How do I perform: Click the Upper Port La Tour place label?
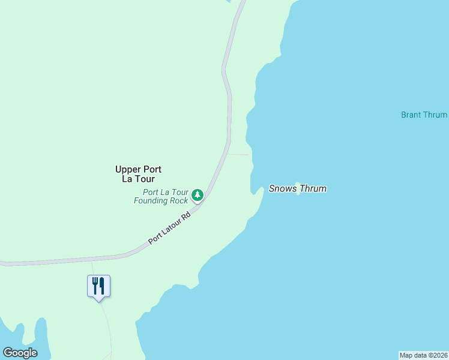(138, 174)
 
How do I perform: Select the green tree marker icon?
(197, 194)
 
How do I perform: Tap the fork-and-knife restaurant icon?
(98, 286)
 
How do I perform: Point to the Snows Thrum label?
(297, 188)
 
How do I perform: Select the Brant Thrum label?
(424, 115)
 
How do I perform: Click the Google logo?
(20, 353)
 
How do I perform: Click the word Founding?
(151, 200)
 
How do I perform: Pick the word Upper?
(127, 169)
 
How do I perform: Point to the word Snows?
(282, 188)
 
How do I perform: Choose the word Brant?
(412, 115)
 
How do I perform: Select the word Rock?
(178, 200)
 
